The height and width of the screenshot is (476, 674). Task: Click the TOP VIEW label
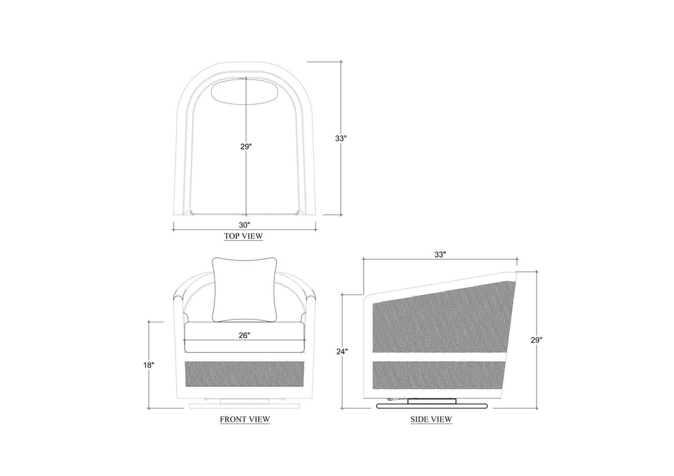tap(243, 236)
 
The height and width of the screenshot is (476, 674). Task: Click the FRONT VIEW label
tap(245, 419)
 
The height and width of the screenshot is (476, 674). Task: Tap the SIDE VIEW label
tap(431, 419)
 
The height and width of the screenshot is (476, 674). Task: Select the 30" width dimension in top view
tap(244, 225)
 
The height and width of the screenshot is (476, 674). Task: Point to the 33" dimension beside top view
tap(340, 139)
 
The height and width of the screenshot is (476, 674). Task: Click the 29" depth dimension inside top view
tap(246, 147)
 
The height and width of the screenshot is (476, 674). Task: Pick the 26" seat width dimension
tap(244, 336)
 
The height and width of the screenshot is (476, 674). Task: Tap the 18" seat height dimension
tap(148, 365)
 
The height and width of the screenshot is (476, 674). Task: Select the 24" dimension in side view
tap(342, 352)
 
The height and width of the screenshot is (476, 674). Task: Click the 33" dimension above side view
tap(440, 254)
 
